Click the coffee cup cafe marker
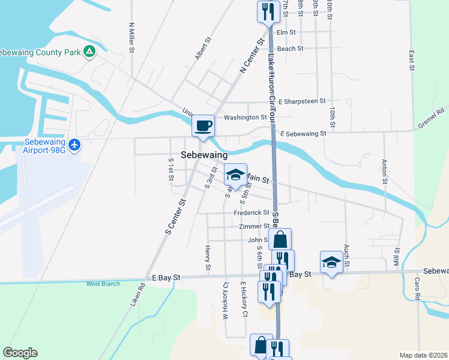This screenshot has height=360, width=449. (203, 126)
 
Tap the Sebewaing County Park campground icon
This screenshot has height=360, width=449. (89, 52)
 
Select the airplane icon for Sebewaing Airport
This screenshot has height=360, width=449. (74, 145)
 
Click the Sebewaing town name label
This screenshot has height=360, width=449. (204, 155)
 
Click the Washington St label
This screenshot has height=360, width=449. (245, 118)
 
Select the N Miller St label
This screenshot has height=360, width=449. (131, 38)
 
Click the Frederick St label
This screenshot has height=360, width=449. (252, 212)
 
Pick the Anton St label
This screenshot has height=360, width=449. (384, 171)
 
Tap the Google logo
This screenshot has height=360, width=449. (20, 353)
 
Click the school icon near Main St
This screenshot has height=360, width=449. (235, 175)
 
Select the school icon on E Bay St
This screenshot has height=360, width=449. (331, 262)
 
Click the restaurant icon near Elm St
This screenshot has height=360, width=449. (268, 11)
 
